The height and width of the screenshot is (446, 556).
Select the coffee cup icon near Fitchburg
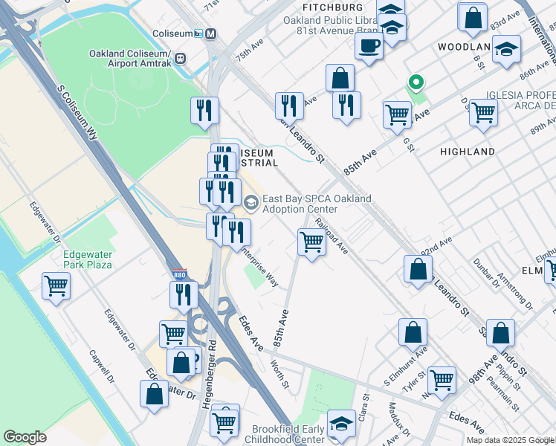tap(368, 47)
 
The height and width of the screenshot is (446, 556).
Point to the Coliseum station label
tap(172, 33)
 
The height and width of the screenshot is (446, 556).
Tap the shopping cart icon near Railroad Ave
tap(311, 242)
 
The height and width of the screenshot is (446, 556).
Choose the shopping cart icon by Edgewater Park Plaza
tap(56, 285)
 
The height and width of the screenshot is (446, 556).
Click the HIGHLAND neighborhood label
tap(468, 152)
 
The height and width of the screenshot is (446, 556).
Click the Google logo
tap(25, 437)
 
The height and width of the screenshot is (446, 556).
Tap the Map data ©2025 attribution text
tap(499, 440)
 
